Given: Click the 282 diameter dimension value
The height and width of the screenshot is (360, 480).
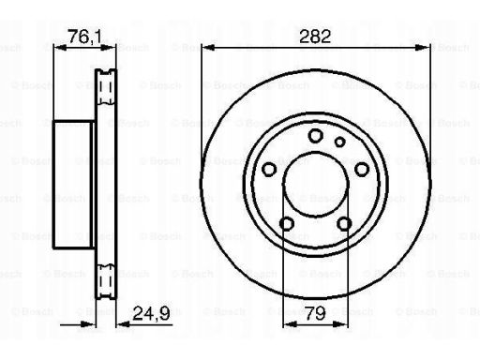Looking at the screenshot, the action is tap(315, 37).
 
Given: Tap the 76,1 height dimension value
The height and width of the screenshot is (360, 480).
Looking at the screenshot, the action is tap(85, 37).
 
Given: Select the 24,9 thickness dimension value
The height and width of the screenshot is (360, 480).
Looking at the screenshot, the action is tap(151, 313).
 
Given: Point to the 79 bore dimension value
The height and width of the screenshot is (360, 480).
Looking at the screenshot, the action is tap(315, 313).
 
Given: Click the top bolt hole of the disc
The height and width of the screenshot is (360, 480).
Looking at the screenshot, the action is tap(315, 136).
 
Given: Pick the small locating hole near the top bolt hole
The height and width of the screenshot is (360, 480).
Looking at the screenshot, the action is tap(339, 142).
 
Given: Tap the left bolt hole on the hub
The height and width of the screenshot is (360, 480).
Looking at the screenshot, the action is tap(269, 170).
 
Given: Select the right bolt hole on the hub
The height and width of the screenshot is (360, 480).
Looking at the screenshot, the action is tap(362, 170).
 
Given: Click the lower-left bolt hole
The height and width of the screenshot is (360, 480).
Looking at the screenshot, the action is tap(287, 224).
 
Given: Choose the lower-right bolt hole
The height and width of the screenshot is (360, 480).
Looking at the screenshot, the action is tap(344, 224).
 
